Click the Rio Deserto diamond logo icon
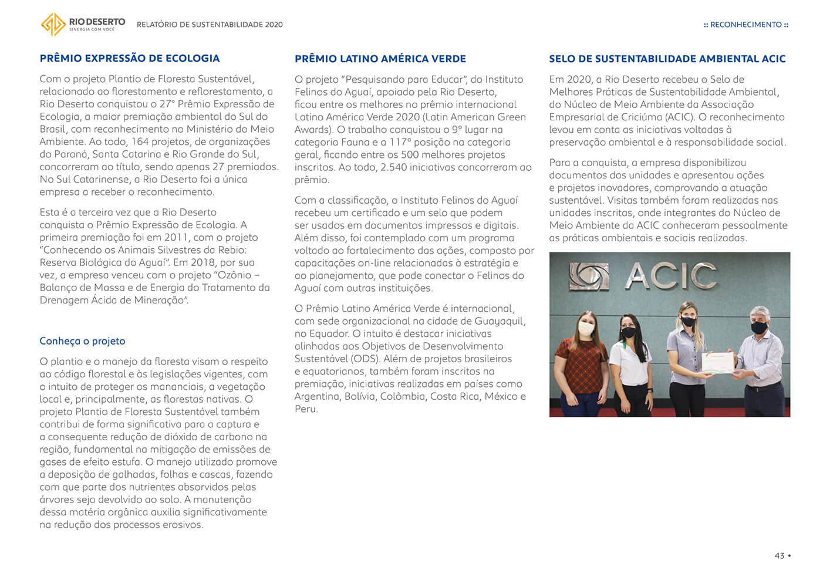tap(53, 24)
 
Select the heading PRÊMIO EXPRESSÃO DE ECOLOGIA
tap(129, 58)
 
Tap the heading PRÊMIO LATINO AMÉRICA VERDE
tap(380, 59)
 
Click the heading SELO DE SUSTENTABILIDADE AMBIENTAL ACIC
tap(667, 59)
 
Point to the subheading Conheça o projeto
tap(82, 341)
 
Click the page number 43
tap(779, 555)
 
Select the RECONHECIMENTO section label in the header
tap(745, 25)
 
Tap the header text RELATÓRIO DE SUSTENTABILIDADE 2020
tap(210, 25)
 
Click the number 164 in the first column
tap(140, 141)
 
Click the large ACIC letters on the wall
tap(670, 276)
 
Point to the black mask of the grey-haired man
tap(759, 328)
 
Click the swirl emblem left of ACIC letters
tap(589, 276)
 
